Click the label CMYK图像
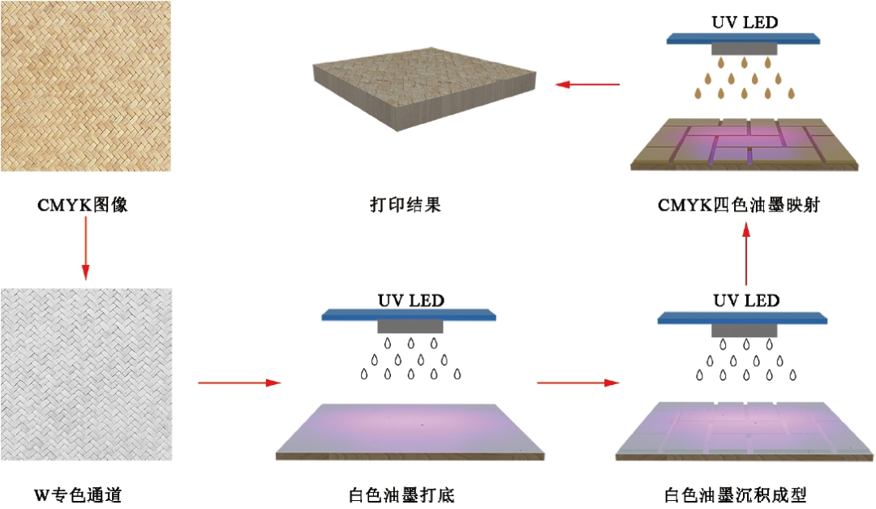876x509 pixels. click(x=83, y=205)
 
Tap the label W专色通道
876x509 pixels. click(x=78, y=494)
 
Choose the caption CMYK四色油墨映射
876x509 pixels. click(x=739, y=205)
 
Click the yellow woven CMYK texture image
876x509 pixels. click(x=85, y=85)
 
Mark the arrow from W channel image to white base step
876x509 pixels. click(x=239, y=382)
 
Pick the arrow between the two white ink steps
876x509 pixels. click(x=576, y=382)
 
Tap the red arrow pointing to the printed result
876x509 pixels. click(x=587, y=83)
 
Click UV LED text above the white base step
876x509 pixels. click(x=410, y=301)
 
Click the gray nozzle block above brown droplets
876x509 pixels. click(x=744, y=49)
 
